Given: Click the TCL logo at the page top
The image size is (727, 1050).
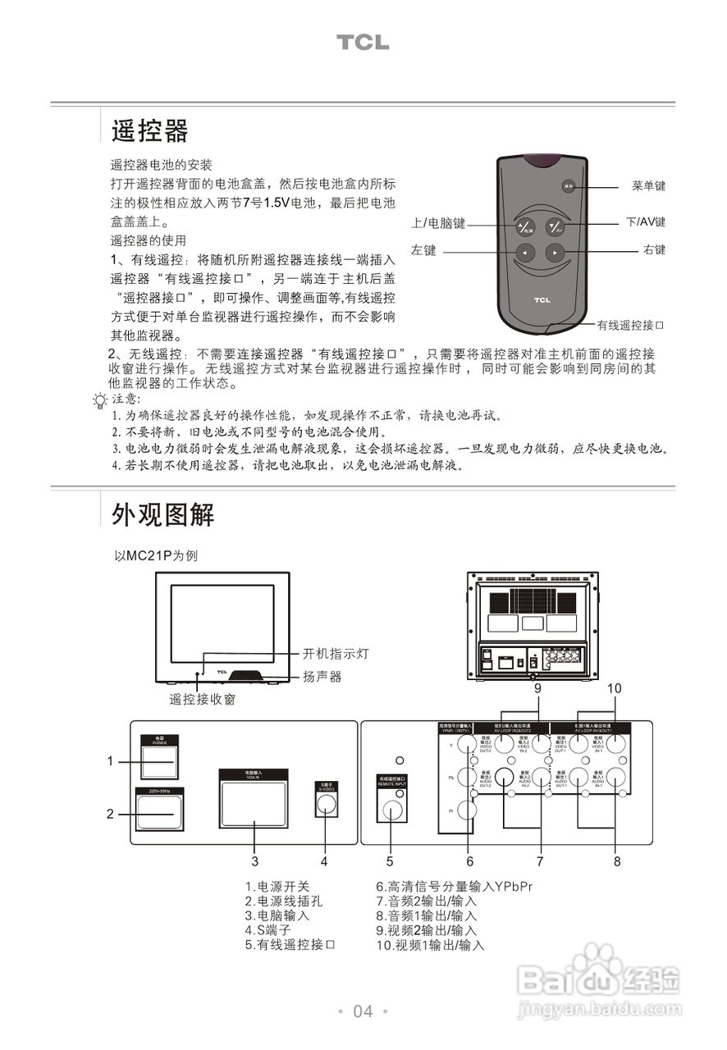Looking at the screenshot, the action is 363,43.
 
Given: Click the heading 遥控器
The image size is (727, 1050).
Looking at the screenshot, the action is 150,130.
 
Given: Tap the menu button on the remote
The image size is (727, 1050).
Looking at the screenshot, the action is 568,186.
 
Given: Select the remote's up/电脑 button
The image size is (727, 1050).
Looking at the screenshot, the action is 525,227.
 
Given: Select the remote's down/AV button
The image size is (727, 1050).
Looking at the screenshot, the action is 556,227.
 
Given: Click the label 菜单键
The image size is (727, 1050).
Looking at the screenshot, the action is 648,185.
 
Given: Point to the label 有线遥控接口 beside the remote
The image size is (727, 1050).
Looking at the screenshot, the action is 629,325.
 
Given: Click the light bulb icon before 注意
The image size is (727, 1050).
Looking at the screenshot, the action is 100,400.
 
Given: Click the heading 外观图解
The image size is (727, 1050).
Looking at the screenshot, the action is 162,514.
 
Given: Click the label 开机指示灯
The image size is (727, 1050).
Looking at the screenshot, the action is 336,654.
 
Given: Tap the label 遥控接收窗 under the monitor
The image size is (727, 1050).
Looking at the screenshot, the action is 203,699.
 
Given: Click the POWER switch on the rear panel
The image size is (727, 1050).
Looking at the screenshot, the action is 158,762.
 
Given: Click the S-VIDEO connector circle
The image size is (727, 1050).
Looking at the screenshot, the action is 327,803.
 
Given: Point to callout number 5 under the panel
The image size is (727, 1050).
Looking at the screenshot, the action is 390,861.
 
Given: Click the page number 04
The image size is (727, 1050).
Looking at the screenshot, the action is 363,1011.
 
